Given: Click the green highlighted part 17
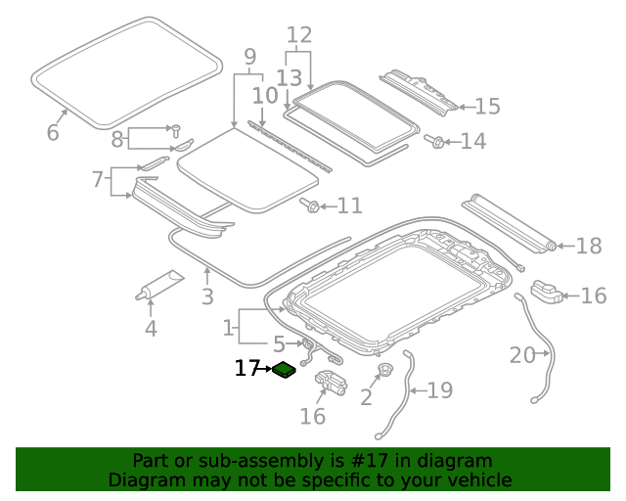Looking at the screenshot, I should click(284, 371).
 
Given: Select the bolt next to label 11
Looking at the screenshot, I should click(312, 205).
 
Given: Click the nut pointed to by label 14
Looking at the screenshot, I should click(434, 142).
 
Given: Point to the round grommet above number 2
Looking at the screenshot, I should click(384, 371).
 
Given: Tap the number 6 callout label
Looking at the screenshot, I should click(53, 131).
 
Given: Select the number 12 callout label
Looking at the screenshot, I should click(299, 35).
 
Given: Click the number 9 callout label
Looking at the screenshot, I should click(249, 58).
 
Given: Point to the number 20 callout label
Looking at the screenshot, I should click(522, 354).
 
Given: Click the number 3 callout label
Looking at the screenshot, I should click(207, 296).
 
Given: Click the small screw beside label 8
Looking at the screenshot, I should click(176, 128).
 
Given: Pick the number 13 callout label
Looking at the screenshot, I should click(290, 77).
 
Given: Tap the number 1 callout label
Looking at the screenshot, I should click(227, 326).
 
